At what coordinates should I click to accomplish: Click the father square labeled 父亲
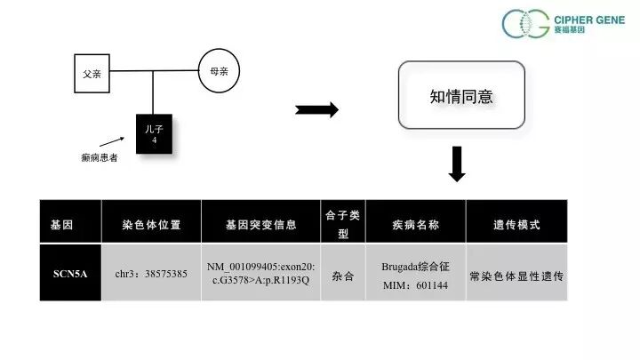point(92,74)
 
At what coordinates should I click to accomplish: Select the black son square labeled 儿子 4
point(155,135)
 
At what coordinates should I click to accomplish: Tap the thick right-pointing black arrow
point(316,110)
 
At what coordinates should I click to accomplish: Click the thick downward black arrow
point(457,164)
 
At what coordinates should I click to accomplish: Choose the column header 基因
point(62,225)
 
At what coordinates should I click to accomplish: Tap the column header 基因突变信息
point(259,225)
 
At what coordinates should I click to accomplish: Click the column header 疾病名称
point(416,225)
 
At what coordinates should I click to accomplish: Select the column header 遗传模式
point(516,225)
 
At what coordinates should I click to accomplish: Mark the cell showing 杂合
point(341,276)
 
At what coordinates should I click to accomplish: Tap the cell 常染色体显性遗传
point(516,276)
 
